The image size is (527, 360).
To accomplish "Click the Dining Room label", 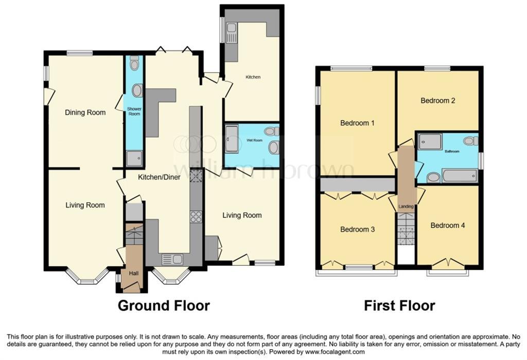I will pos(85,112).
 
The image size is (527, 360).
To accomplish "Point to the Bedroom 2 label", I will pos(437,100).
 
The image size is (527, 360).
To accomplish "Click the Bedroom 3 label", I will pos(357,229).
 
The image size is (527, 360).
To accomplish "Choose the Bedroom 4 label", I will pos(448,225).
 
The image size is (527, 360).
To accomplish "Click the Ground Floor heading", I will pos(164,305).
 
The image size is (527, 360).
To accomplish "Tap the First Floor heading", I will pos(399,305).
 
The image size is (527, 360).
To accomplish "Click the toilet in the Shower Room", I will pos(135,64).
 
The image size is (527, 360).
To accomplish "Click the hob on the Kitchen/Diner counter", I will pos(196,217).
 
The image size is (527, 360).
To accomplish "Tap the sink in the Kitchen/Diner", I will pos(169,259).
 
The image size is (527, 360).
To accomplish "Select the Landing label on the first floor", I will pos(406,207).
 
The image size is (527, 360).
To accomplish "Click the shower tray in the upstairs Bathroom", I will pos(430,142).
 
